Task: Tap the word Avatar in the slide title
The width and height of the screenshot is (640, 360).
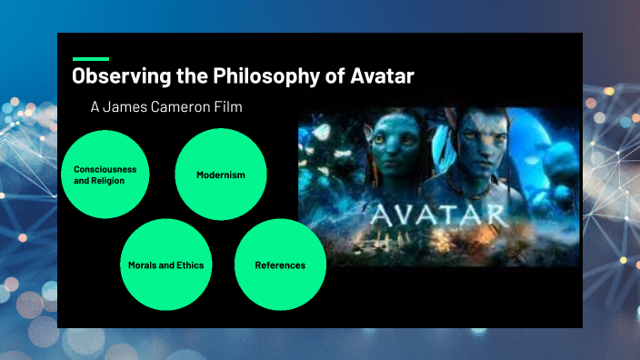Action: point(383,76)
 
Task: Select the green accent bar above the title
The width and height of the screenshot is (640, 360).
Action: point(90,58)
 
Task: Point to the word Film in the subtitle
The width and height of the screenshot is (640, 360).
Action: point(229,107)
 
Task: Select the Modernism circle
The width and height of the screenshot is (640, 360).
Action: point(220,174)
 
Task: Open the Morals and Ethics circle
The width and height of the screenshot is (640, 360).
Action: point(166,265)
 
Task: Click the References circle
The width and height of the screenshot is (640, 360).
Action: point(280,265)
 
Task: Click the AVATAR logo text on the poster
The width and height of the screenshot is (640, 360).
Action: point(439,215)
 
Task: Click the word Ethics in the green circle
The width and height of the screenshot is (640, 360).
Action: point(189,265)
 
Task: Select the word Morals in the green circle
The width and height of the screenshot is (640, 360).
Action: point(144,265)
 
